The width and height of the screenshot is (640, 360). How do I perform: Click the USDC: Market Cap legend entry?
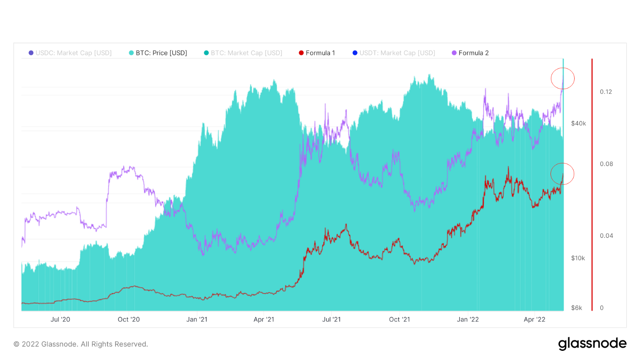70,53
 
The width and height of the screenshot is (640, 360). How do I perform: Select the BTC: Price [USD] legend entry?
157,53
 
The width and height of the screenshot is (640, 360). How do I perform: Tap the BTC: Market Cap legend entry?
243,53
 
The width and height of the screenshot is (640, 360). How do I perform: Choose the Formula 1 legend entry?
316,53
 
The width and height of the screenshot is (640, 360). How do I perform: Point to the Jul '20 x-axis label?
60,319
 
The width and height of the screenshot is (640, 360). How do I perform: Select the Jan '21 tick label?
197,319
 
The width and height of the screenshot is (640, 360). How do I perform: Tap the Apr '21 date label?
264,319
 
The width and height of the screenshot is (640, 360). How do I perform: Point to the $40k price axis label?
578,124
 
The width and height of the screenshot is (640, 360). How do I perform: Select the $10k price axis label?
578,258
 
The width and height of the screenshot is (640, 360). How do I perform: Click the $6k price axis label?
576,308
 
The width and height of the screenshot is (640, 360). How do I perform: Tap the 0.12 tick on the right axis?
606,92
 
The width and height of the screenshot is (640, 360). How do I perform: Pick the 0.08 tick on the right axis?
606,164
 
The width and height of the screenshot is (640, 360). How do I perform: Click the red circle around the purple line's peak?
562,79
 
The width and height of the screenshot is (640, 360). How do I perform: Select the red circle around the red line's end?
562,174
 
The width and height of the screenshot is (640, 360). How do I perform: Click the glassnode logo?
592,344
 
